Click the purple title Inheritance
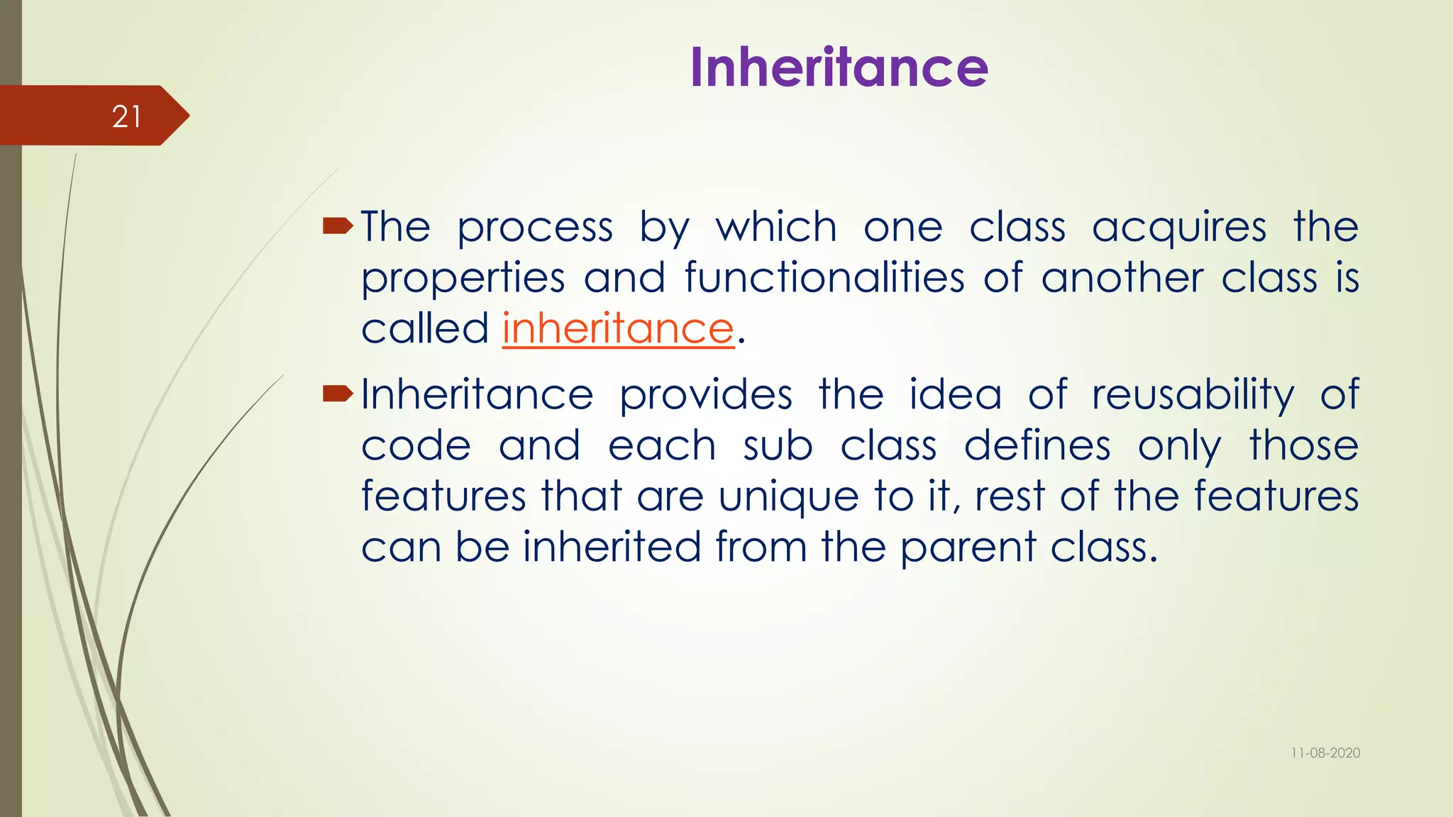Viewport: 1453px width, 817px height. [839, 67]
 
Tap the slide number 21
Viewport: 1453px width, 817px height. [127, 116]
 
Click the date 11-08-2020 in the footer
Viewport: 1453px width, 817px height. [1325, 753]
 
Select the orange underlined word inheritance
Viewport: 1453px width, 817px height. [618, 328]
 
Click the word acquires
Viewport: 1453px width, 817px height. [1179, 228]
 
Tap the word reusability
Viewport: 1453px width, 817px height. [1193, 395]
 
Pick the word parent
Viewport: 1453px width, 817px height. [968, 548]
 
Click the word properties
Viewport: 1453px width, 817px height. [463, 279]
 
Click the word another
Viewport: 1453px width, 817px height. [1122, 277]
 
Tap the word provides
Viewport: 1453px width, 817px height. [706, 395]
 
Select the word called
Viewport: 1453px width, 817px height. [425, 328]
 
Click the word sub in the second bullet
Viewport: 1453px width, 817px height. [778, 445]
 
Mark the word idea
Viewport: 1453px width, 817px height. [956, 394]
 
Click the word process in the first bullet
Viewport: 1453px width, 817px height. [535, 228]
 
